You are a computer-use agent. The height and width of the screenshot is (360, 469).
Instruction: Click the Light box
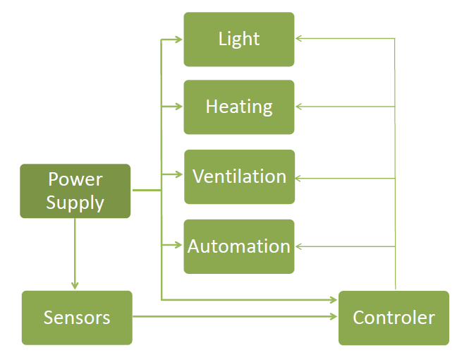(x=239, y=40)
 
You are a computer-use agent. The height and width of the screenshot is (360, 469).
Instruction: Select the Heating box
(x=239, y=107)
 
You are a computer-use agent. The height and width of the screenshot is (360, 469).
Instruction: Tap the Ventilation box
(x=239, y=176)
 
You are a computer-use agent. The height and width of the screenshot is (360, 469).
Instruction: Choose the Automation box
(x=239, y=246)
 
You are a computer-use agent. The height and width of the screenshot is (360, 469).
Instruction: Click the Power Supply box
(x=75, y=191)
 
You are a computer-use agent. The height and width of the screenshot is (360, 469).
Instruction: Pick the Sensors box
(x=77, y=318)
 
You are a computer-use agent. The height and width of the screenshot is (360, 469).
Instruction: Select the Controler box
(x=394, y=318)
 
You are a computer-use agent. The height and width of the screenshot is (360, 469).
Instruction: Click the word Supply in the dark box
(x=75, y=203)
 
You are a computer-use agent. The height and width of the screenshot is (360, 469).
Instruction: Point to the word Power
(x=75, y=180)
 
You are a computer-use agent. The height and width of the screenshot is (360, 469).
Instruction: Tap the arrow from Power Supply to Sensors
(x=75, y=254)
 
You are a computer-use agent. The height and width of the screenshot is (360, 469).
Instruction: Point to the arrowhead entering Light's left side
(x=179, y=40)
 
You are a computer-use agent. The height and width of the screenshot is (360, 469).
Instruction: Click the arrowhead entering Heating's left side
(x=179, y=107)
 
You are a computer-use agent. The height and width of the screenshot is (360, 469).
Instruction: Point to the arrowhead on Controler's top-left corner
(x=334, y=300)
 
